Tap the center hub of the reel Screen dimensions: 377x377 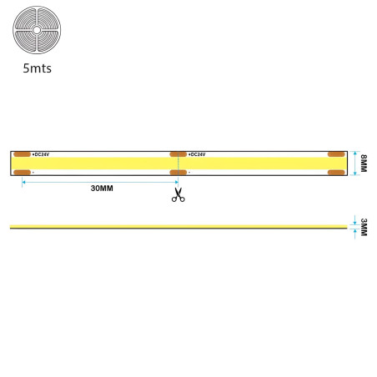coord(37,30)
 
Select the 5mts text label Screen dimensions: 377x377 coord(38,68)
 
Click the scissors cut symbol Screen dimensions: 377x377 coord(178,194)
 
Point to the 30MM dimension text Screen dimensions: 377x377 coord(102,188)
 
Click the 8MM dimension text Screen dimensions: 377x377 coord(364,163)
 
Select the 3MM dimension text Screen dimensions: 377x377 coord(364,227)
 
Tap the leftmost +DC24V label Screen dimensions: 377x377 coord(41,154)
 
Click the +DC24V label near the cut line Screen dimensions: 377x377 coord(197,154)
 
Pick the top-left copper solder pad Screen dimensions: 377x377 coord(22,154)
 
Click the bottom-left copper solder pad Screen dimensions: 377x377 coord(22,173)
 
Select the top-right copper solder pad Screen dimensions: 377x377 coord(336,154)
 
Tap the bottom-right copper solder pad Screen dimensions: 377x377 coord(336,173)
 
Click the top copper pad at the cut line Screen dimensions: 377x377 coord(178,154)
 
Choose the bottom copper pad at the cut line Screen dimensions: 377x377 coord(178,173)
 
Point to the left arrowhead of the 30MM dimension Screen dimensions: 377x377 coord(23,182)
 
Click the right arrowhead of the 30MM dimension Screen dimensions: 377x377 coord(177,182)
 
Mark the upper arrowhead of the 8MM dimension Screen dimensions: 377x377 coord(354,153)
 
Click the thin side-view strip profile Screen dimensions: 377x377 coord(178,227)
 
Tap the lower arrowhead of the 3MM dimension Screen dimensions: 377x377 coord(354,231)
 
